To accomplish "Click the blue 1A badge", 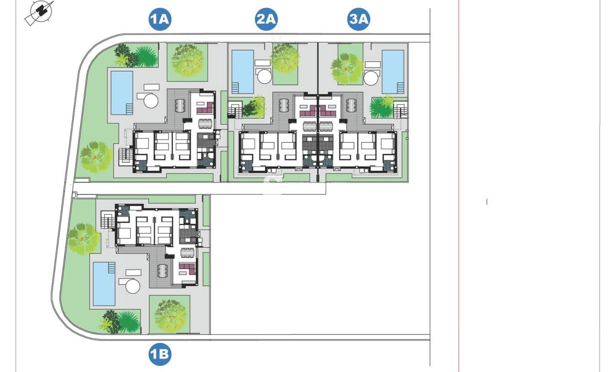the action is [x=160, y=19].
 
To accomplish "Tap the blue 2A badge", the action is [x=266, y=19].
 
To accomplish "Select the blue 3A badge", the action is [x=359, y=19].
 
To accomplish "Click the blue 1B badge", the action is [x=160, y=354].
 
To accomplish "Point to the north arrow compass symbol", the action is [x=40, y=12].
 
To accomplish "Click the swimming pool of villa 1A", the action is [x=122, y=93].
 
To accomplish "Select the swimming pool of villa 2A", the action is [x=243, y=71].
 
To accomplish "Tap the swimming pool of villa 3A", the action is [x=393, y=71].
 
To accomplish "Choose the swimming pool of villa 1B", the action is [x=104, y=284].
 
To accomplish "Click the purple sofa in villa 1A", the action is [x=206, y=109].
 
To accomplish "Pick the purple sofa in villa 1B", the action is [x=187, y=269].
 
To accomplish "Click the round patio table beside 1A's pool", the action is [x=151, y=101].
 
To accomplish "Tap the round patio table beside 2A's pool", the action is [x=264, y=77].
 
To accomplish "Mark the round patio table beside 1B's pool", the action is [x=133, y=286].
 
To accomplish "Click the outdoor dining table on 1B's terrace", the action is [x=163, y=271].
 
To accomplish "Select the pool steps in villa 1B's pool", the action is [x=112, y=268].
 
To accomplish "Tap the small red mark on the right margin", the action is [x=487, y=202].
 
